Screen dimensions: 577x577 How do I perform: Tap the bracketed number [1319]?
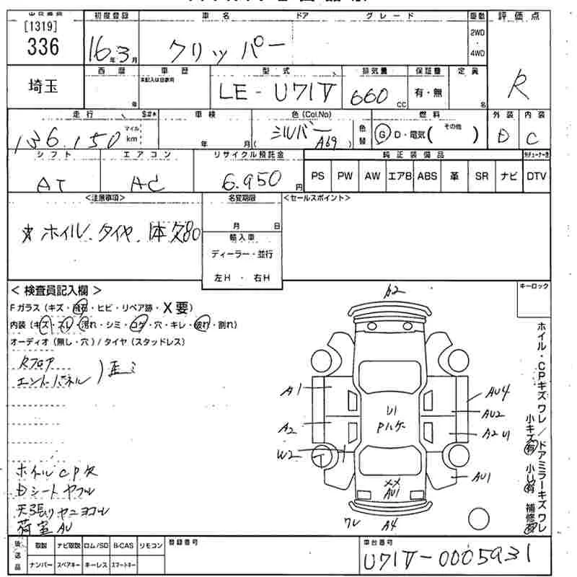click(41, 27)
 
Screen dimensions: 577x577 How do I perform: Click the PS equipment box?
click(317, 176)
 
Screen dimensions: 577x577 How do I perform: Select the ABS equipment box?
click(427, 176)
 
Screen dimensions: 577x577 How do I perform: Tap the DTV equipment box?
click(536, 176)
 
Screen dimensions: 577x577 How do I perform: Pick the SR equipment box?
click(482, 176)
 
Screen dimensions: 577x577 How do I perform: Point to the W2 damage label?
click(288, 455)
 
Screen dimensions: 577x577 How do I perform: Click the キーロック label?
click(534, 286)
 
